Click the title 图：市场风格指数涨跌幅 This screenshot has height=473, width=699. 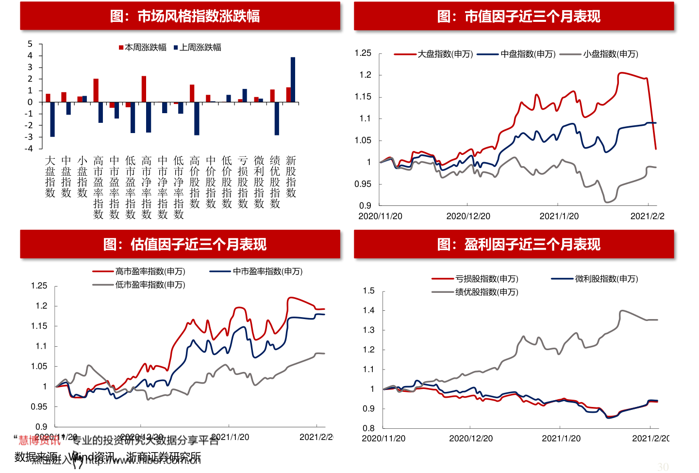coord(185,16)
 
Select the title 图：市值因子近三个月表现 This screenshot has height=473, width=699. coord(518,16)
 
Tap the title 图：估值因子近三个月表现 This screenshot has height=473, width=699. coord(185,244)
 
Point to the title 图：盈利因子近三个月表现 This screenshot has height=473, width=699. coord(518,244)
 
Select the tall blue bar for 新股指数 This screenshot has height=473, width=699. coord(293,80)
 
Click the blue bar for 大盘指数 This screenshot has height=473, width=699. coord(52,119)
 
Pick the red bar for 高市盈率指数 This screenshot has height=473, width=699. coord(96,90)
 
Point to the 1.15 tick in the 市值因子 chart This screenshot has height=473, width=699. coord(363,97)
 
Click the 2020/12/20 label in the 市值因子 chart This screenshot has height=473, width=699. coord(468,216)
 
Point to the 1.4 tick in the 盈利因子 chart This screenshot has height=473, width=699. coord(369,310)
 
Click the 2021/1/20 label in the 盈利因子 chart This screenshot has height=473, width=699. coord(561,439)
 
